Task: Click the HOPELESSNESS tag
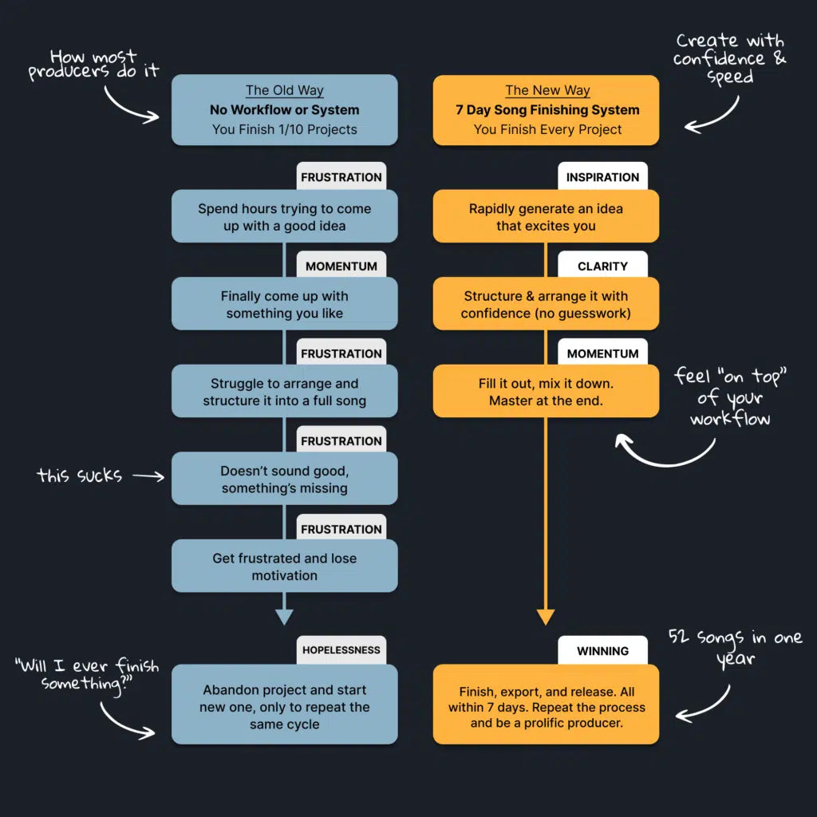click(x=341, y=650)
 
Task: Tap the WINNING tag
click(x=602, y=651)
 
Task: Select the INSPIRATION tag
click(x=602, y=177)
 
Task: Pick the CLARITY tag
click(x=602, y=266)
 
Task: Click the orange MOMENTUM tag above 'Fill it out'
click(x=602, y=353)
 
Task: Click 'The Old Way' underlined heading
click(x=284, y=91)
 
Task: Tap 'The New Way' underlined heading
click(x=546, y=91)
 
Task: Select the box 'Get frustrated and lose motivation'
click(x=284, y=566)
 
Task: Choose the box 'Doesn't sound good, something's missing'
click(x=284, y=480)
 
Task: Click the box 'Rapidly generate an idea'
click(x=546, y=217)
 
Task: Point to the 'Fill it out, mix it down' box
click(x=546, y=392)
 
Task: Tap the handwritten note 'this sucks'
click(x=79, y=476)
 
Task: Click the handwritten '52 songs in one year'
click(x=735, y=647)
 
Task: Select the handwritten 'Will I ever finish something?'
click(x=86, y=673)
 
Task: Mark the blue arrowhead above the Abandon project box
click(x=284, y=616)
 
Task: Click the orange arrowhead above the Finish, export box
click(x=546, y=616)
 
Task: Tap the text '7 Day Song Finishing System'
click(x=546, y=110)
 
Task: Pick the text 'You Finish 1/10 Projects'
click(x=284, y=129)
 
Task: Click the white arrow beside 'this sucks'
click(x=148, y=476)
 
